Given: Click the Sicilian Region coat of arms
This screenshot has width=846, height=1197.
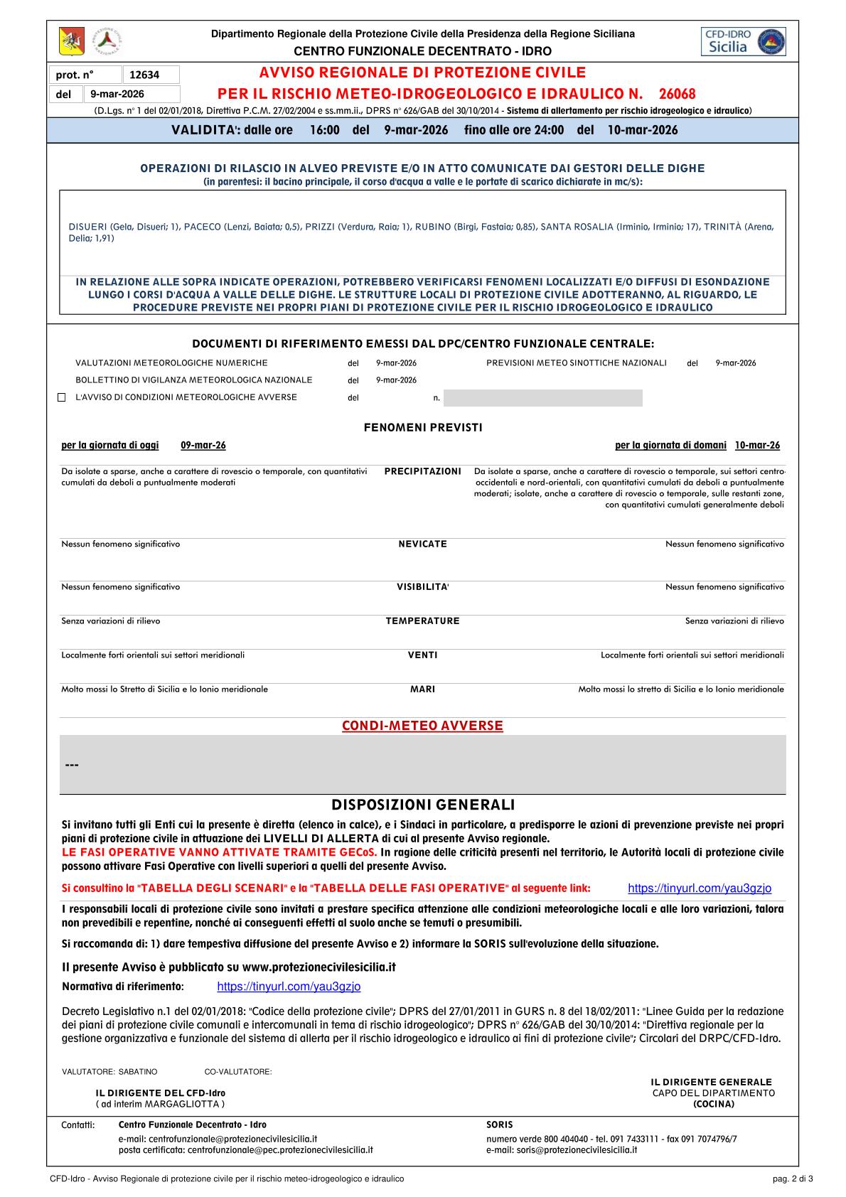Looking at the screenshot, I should tap(71, 41).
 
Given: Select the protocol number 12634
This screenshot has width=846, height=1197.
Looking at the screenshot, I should tap(144, 75).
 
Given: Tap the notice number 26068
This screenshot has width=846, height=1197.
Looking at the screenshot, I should tap(677, 94).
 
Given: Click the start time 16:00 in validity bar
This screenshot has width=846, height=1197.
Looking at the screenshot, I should tap(324, 130).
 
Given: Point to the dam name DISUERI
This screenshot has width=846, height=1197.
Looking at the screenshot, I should tap(87, 227).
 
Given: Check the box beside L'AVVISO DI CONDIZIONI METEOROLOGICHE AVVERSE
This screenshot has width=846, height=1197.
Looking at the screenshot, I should tap(61, 397).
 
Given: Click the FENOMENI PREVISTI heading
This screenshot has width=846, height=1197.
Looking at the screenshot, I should tap(423, 427).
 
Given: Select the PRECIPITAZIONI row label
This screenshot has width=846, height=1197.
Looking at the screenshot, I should tap(423, 471).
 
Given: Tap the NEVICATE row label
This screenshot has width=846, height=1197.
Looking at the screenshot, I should tap(423, 544).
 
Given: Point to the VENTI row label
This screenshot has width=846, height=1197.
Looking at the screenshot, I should tap(423, 655).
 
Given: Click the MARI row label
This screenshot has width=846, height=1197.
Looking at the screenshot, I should tap(423, 689).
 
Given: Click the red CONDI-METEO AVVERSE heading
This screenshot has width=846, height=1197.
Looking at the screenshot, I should tap(423, 726).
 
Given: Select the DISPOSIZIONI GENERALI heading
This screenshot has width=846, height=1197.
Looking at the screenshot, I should tap(423, 805).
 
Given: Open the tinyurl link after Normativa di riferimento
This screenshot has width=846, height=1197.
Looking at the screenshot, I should tap(289, 987).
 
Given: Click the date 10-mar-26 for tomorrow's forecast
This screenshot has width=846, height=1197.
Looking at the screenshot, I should tap(757, 445).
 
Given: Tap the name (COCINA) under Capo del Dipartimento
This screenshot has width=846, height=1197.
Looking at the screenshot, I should tap(714, 1104).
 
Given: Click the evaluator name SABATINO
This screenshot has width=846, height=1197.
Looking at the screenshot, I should tap(138, 1071).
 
